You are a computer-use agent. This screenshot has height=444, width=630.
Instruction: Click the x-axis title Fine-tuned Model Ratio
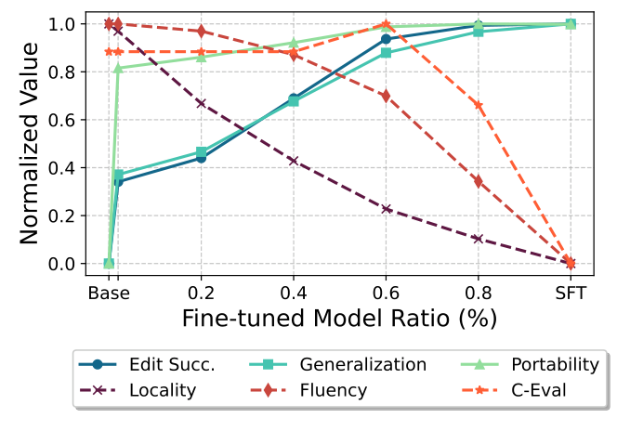click(339, 317)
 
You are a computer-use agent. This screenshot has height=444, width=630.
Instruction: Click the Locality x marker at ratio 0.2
click(201, 103)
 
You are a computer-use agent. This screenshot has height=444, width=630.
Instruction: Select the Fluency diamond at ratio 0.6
click(386, 96)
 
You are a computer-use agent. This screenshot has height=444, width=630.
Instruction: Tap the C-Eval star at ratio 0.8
click(479, 105)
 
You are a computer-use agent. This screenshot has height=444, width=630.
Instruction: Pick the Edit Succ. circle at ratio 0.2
click(201, 158)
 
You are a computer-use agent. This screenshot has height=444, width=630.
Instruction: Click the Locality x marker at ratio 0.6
click(386, 209)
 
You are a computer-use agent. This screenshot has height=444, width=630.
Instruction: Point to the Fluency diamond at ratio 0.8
click(479, 181)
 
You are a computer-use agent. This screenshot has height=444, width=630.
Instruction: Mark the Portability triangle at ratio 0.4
click(294, 43)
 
